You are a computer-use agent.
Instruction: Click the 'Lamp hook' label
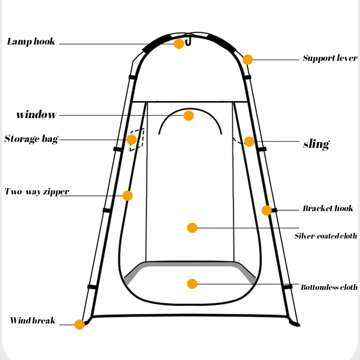pyautogui.click(x=31, y=42)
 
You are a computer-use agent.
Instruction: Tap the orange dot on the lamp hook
pyautogui.click(x=179, y=44)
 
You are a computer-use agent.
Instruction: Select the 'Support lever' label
pyautogui.click(x=330, y=59)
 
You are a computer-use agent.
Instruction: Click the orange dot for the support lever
pyautogui.click(x=248, y=60)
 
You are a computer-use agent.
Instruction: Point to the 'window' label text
pyautogui.click(x=36, y=115)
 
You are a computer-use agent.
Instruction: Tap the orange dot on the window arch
pyautogui.click(x=189, y=116)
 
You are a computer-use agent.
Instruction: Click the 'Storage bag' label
pyautogui.click(x=31, y=139)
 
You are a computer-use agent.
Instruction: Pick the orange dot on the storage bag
pyautogui.click(x=132, y=140)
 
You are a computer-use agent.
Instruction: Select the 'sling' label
pyautogui.click(x=316, y=144)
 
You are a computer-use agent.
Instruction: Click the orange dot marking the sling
pyautogui.click(x=249, y=142)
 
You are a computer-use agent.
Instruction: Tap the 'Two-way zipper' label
pyautogui.click(x=37, y=192)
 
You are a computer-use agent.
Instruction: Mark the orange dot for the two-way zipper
pyautogui.click(x=127, y=195)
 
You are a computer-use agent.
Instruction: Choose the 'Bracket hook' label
pyautogui.click(x=328, y=208)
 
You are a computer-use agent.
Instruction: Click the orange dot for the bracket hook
pyautogui.click(x=266, y=210)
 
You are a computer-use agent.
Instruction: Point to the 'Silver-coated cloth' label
pyautogui.click(x=325, y=236)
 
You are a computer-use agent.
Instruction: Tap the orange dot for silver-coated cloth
pyautogui.click(x=192, y=228)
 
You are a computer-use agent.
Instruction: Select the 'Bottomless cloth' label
pyautogui.click(x=329, y=288)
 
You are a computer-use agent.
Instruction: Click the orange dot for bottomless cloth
pyautogui.click(x=192, y=284)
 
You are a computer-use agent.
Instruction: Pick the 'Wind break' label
pyautogui.click(x=33, y=321)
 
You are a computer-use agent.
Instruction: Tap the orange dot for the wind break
pyautogui.click(x=80, y=324)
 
